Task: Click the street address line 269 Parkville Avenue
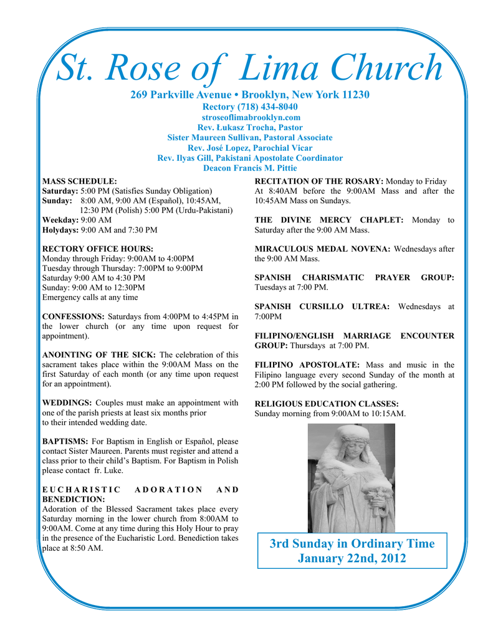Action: pos(250,95)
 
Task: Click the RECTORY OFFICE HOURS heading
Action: pos(90,249)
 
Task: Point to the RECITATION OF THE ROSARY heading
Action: pos(319,181)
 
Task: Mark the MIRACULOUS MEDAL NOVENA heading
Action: pos(323,249)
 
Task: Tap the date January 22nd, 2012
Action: pos(352,558)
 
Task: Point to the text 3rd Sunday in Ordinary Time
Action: pos(352,543)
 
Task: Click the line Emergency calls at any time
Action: pos(90,297)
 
